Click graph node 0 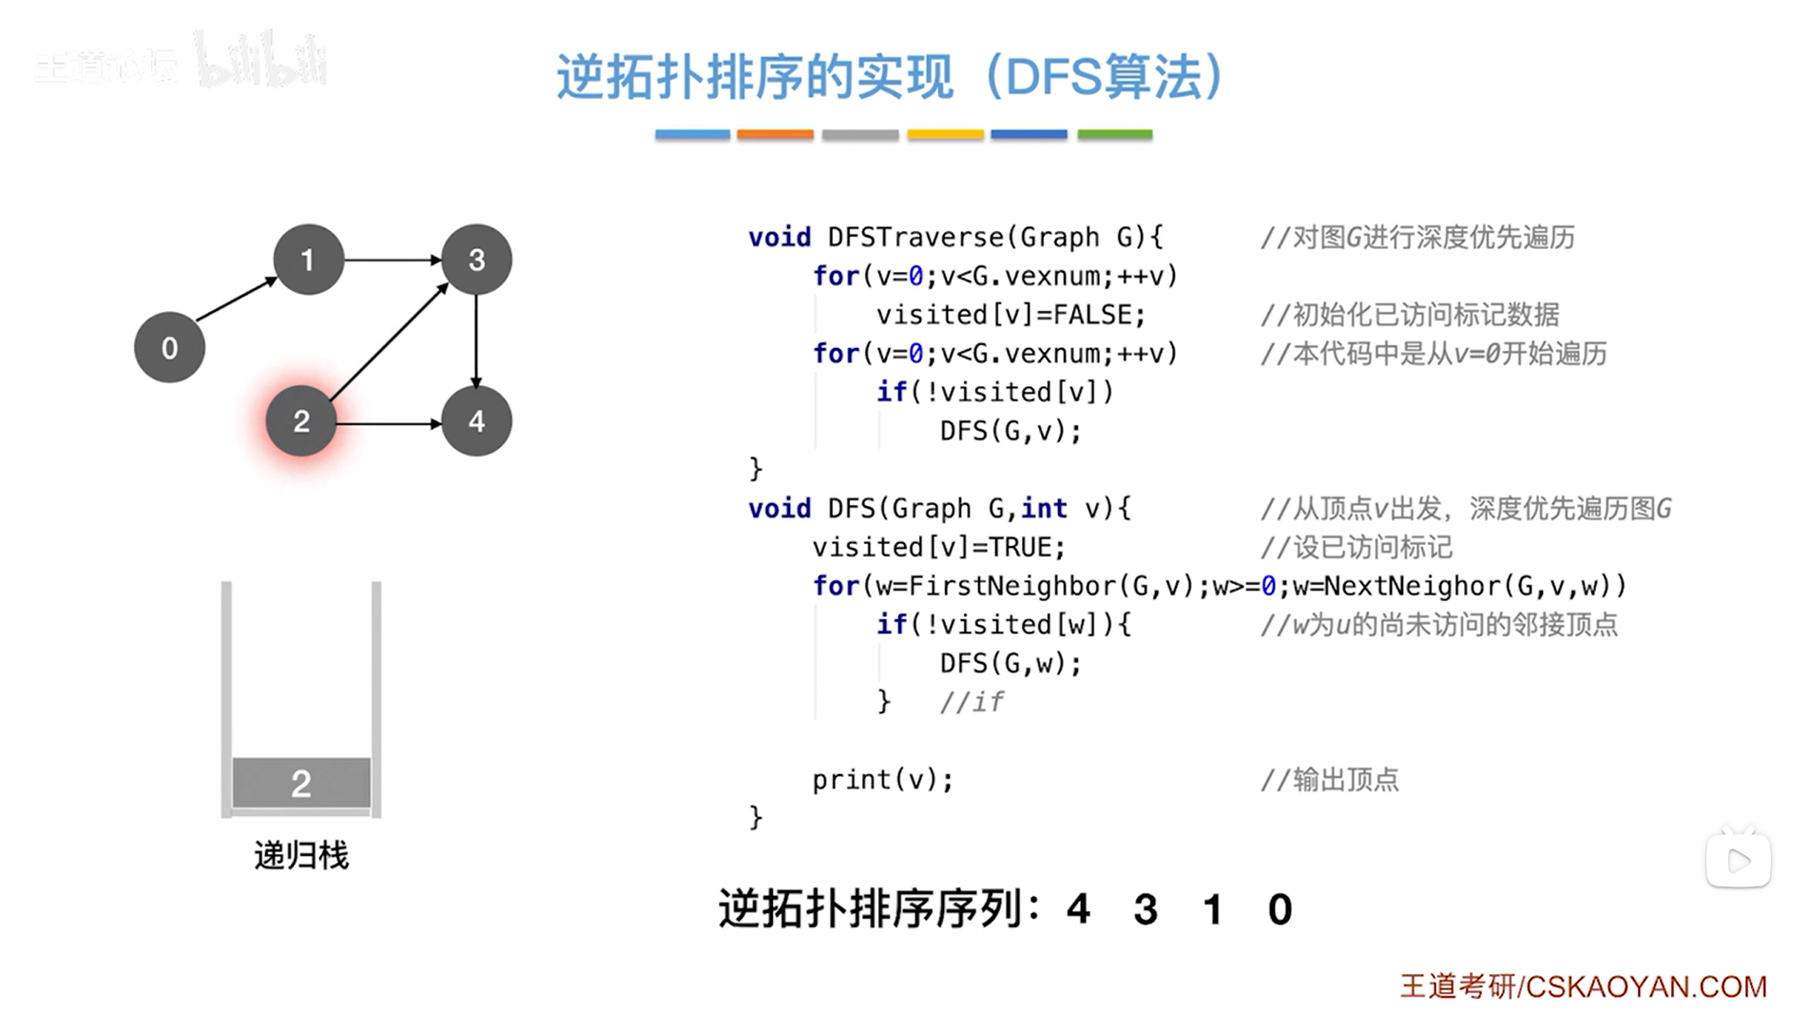coord(169,348)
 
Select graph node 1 coord(308,260)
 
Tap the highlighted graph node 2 coord(301,421)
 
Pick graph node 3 coord(476,260)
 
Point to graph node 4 coord(476,421)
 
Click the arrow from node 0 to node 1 coord(236,299)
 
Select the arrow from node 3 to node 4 coord(476,341)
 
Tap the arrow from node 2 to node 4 coord(388,422)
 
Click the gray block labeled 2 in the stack coord(301,784)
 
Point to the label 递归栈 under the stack coord(301,856)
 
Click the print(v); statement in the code coord(882,780)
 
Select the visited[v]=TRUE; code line coord(938,547)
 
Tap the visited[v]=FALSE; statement coord(1011,315)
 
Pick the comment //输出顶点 coord(1329,780)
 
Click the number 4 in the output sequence coord(1078,910)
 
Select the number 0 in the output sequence coord(1280,910)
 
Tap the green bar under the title coord(1114,135)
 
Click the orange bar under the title coord(775,135)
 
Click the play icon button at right coord(1738,861)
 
